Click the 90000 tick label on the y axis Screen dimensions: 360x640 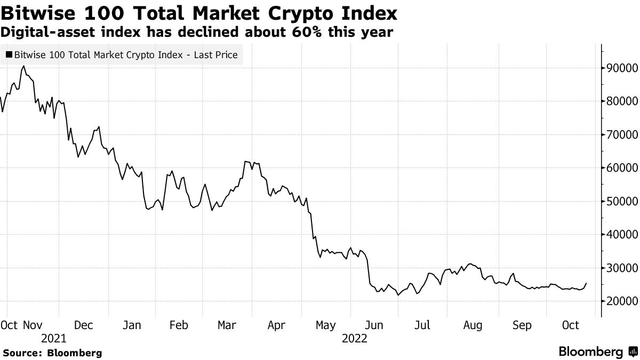point(620,68)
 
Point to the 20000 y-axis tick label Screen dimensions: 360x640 point(620,301)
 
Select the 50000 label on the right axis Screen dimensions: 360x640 point(620,201)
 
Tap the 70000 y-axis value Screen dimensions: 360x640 point(620,134)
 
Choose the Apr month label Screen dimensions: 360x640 point(276,325)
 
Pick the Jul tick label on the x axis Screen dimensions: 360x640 point(423,325)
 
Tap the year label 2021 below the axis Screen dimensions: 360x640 point(53,339)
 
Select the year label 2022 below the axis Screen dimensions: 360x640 point(355,339)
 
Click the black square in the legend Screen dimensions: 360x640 point(9,55)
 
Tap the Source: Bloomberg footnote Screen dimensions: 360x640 point(52,353)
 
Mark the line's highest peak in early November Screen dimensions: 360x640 point(23,66)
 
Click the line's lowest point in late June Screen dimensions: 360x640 point(398,295)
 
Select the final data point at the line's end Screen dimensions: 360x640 point(586,283)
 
